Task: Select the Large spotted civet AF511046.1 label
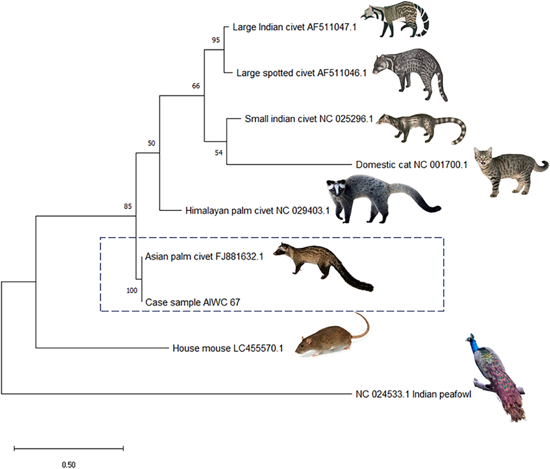click(x=301, y=73)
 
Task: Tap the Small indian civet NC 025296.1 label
click(x=308, y=119)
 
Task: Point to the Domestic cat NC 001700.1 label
click(x=411, y=164)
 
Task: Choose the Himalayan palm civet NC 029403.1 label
click(x=258, y=211)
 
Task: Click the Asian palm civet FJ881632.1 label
click(x=204, y=256)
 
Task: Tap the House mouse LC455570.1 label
click(x=227, y=349)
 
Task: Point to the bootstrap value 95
click(x=216, y=40)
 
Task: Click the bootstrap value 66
click(x=196, y=86)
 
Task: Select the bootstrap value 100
click(x=132, y=290)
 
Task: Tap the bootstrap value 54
click(x=218, y=153)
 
